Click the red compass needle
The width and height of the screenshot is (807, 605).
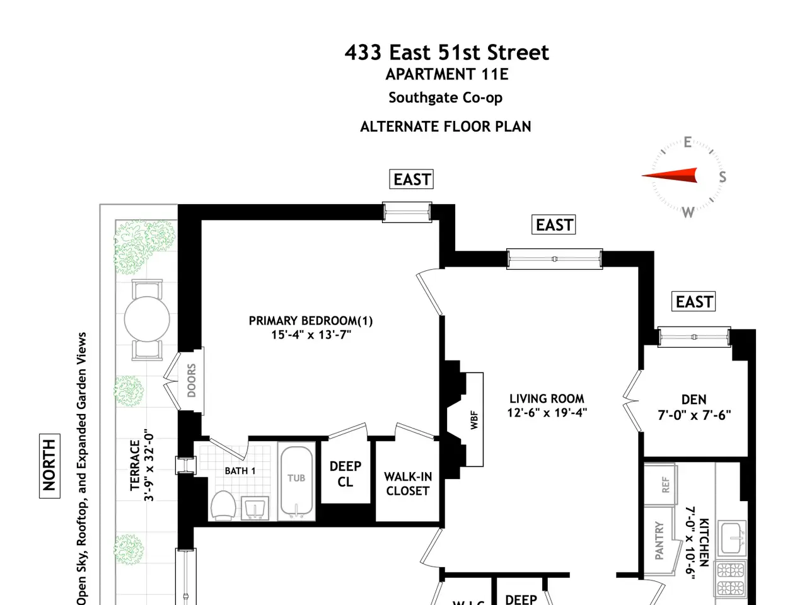[x=670, y=175]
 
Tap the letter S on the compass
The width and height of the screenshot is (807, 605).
[x=723, y=177]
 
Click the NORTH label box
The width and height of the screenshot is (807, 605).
[x=50, y=466]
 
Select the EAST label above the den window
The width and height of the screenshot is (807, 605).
[x=694, y=302]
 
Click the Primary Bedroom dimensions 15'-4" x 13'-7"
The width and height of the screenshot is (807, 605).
[x=311, y=335]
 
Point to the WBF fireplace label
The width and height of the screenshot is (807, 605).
[x=474, y=420]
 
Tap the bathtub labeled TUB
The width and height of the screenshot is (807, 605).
[x=296, y=481]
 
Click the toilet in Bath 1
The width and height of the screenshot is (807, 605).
[x=223, y=505]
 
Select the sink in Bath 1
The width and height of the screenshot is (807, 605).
[x=255, y=508]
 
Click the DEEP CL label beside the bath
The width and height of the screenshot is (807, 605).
[x=345, y=474]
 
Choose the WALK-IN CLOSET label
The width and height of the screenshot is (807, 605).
[x=408, y=484]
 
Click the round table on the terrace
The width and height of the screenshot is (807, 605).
[x=147, y=320]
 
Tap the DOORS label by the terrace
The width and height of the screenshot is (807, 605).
[x=192, y=381]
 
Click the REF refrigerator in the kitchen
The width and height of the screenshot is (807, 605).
[x=661, y=485]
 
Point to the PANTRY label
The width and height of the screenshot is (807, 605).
[x=659, y=540]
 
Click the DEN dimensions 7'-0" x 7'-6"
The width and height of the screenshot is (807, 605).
[x=694, y=415]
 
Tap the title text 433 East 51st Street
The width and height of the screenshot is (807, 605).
[x=447, y=52]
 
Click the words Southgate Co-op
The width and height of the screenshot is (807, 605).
[x=446, y=98]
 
